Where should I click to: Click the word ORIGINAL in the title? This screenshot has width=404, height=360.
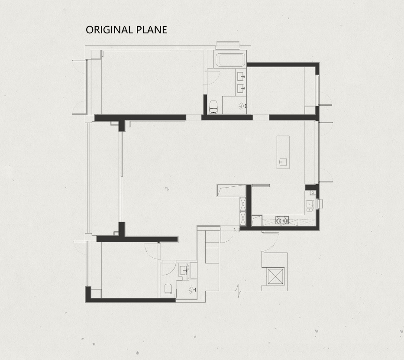click(x=109, y=30)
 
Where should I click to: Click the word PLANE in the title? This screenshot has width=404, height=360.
click(x=152, y=30)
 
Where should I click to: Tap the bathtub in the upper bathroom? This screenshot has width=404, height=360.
click(x=230, y=60)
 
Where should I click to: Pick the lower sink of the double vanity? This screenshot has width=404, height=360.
click(x=241, y=88)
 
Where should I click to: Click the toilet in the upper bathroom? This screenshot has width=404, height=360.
click(x=213, y=107)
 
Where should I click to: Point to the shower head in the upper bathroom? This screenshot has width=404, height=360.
click(x=242, y=105)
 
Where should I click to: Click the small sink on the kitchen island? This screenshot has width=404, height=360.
click(x=281, y=162)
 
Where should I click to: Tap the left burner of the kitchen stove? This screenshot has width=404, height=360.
click(x=279, y=221)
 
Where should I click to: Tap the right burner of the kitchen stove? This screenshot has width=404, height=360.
click(x=285, y=221)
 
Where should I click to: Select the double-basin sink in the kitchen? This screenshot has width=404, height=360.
click(x=310, y=206)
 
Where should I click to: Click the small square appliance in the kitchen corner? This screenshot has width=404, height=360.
click(x=313, y=192)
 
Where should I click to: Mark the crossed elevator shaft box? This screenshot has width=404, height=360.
click(x=276, y=276)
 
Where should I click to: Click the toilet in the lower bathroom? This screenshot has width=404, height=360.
click(x=168, y=289)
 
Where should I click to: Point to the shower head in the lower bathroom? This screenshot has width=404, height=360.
click(x=192, y=289)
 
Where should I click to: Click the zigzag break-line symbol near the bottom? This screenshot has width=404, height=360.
click(x=239, y=291)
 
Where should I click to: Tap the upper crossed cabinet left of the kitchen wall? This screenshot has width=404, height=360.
click(x=243, y=204)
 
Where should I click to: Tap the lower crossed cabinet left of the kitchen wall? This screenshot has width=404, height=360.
click(x=243, y=218)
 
